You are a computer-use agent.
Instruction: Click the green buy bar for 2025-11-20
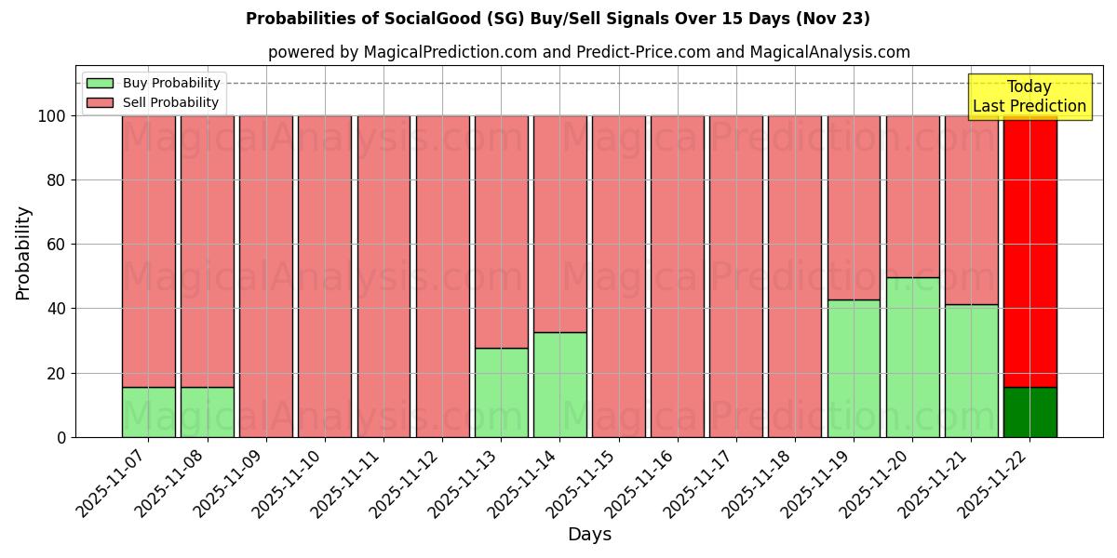[x=912, y=357]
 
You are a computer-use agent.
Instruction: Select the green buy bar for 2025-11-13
[x=501, y=392]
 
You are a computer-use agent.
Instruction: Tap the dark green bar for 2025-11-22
[x=1030, y=412]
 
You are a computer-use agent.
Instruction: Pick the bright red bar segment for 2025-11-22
[x=1030, y=251]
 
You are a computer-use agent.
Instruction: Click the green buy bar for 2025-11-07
[x=149, y=412]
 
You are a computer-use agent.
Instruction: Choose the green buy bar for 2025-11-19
[x=854, y=368]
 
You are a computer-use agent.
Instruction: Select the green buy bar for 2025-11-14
[x=559, y=384]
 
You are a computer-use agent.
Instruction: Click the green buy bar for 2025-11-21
[x=971, y=370]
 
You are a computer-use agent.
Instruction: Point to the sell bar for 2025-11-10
[x=325, y=276]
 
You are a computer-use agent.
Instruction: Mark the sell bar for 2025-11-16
[x=678, y=276]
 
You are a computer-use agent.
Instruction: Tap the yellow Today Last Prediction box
[x=1029, y=97]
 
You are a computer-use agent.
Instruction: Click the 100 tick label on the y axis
[x=50, y=116]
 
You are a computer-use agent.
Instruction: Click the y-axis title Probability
[x=23, y=253]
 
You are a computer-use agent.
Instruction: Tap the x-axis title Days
[x=589, y=535]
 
